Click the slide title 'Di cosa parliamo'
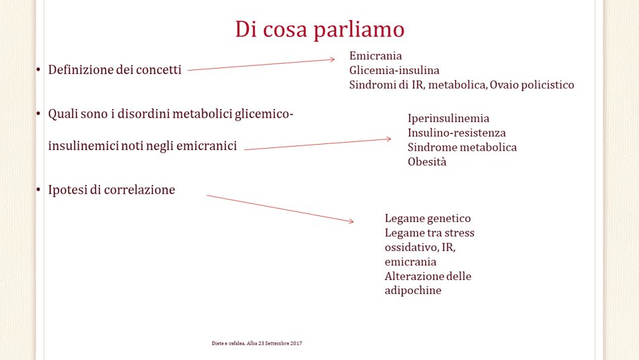click(319, 30)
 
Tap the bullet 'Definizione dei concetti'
click(114, 70)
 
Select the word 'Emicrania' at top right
click(375, 55)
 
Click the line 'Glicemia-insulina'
click(394, 70)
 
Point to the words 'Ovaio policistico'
click(532, 85)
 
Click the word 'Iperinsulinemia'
click(448, 118)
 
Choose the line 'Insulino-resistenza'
click(457, 133)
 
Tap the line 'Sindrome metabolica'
click(462, 147)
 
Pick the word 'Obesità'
click(426, 161)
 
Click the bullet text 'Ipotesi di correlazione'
click(112, 190)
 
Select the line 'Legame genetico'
click(428, 218)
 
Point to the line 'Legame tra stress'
click(430, 233)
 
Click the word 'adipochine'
click(413, 290)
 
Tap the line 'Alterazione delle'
click(428, 276)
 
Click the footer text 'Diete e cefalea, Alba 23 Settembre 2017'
click(257, 343)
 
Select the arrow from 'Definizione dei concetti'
click(261, 65)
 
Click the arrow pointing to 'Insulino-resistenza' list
click(317, 144)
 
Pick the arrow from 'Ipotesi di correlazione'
click(280, 209)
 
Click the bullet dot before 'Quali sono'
click(38, 113)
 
